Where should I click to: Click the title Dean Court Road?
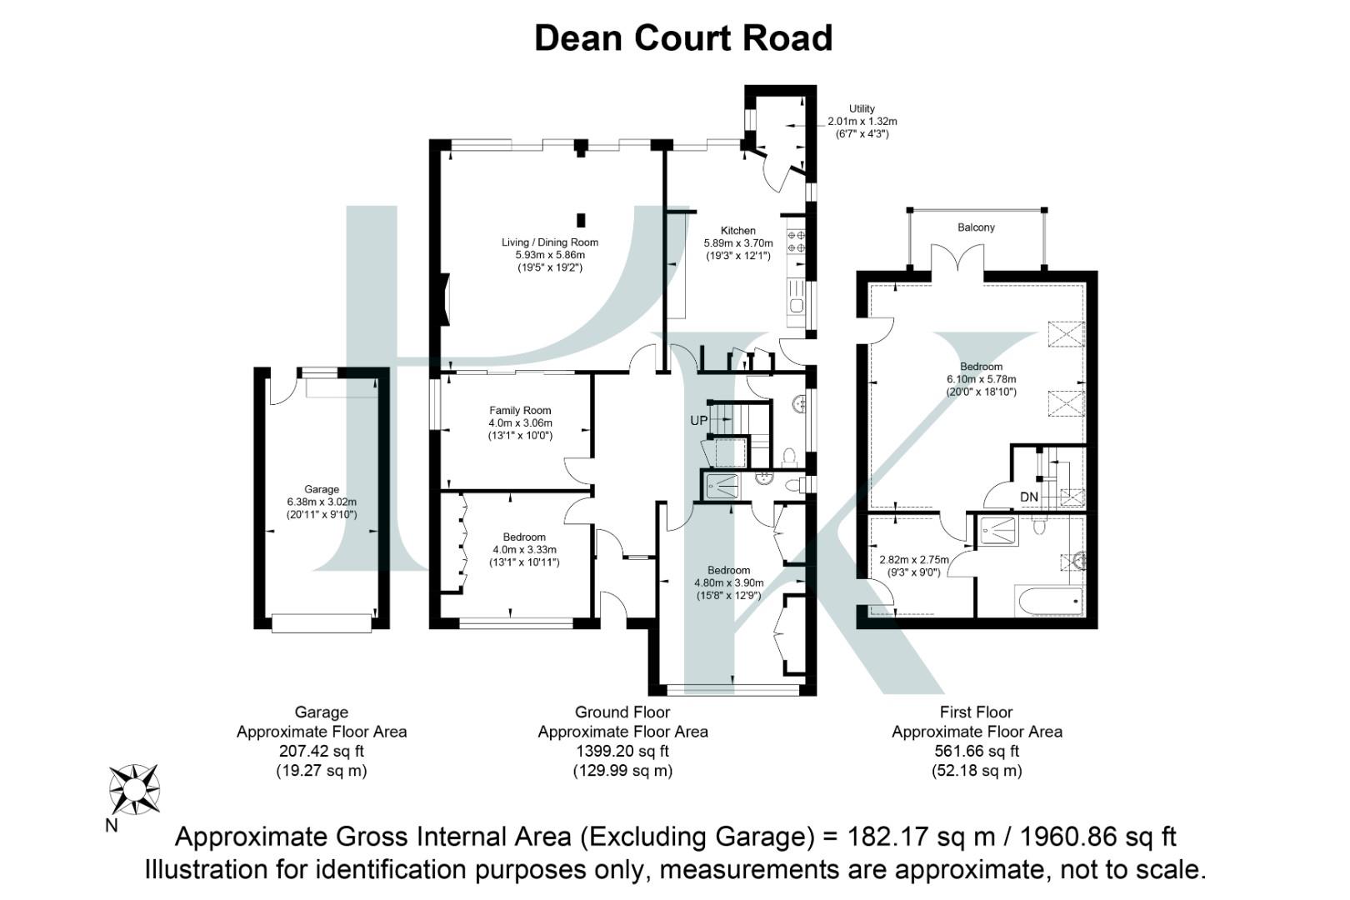[682, 38]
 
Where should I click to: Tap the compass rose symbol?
[134, 789]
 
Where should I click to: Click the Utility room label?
[862, 109]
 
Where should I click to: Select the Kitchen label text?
[737, 231]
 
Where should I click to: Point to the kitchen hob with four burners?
[796, 241]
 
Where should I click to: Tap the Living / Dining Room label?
[549, 242]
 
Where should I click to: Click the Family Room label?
[520, 410]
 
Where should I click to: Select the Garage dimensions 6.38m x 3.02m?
[321, 502]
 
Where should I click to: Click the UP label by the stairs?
[698, 421]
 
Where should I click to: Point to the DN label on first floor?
[1029, 497]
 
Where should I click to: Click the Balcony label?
[976, 227]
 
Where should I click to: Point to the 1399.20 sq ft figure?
[622, 751]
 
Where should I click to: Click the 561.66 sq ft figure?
[977, 751]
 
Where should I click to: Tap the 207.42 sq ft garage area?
[321, 751]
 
